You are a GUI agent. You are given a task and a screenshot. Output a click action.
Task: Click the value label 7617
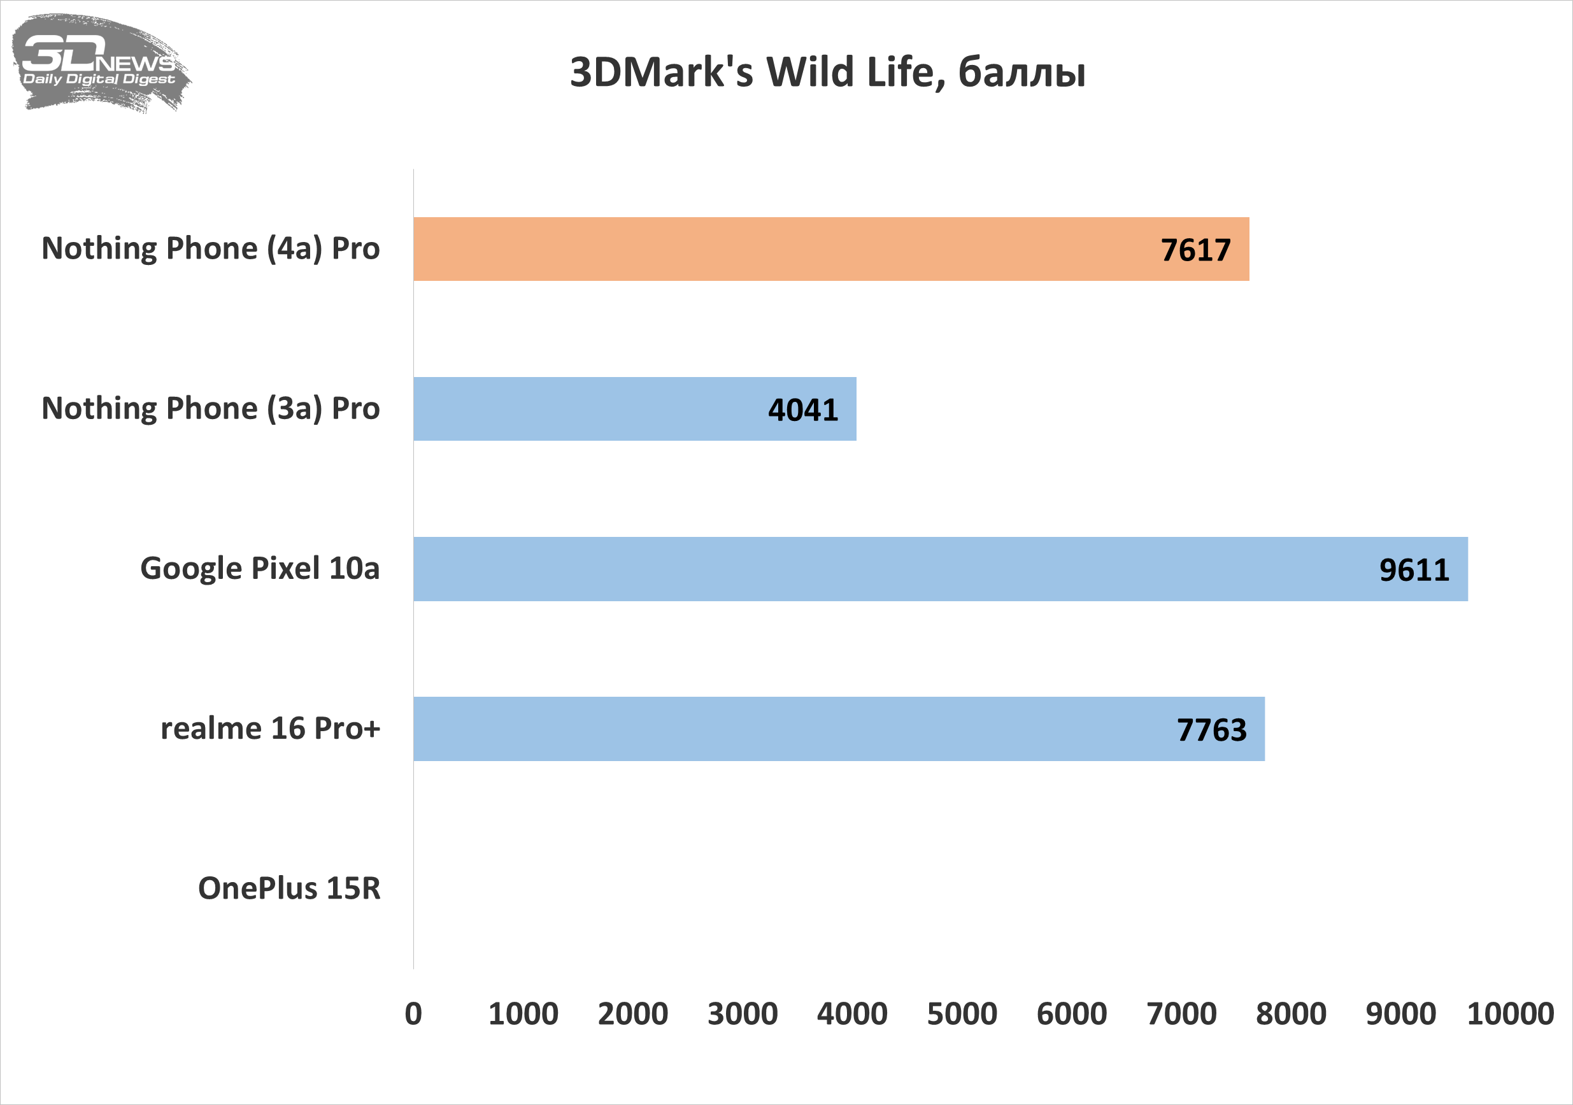coord(1195,250)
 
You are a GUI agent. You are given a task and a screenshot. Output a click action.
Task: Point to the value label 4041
coord(803,410)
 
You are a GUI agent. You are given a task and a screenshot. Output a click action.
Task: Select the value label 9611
coord(1414,570)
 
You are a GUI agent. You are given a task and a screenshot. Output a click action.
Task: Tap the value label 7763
coord(1211,730)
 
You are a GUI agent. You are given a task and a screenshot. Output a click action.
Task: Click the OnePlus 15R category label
coord(289,888)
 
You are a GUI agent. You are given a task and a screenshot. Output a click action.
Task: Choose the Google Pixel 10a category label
coord(260,569)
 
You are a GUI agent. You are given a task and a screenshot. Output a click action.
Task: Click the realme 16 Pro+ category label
coord(270,728)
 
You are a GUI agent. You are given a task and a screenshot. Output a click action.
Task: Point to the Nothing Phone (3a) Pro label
coord(210,408)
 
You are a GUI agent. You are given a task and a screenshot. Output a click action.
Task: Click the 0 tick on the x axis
coord(413,1014)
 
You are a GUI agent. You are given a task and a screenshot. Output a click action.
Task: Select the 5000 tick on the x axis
coord(962,1014)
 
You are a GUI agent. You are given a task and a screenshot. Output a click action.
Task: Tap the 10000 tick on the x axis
coord(1510,1014)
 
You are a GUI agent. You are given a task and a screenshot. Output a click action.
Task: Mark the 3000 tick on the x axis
coord(743,1014)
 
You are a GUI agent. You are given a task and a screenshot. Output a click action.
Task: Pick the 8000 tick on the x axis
coord(1291,1014)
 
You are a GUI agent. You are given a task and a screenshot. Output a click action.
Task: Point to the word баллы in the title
coord(1021,72)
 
